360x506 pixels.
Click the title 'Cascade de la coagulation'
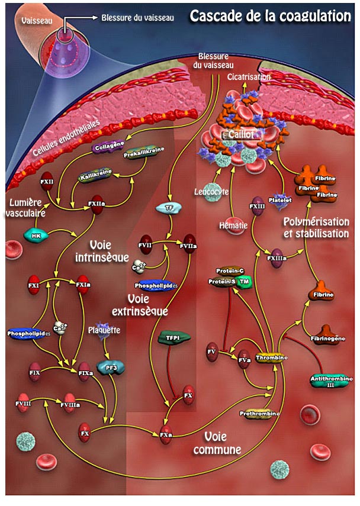[270, 16]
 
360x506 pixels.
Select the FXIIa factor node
[97, 204]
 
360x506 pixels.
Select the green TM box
[243, 282]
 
